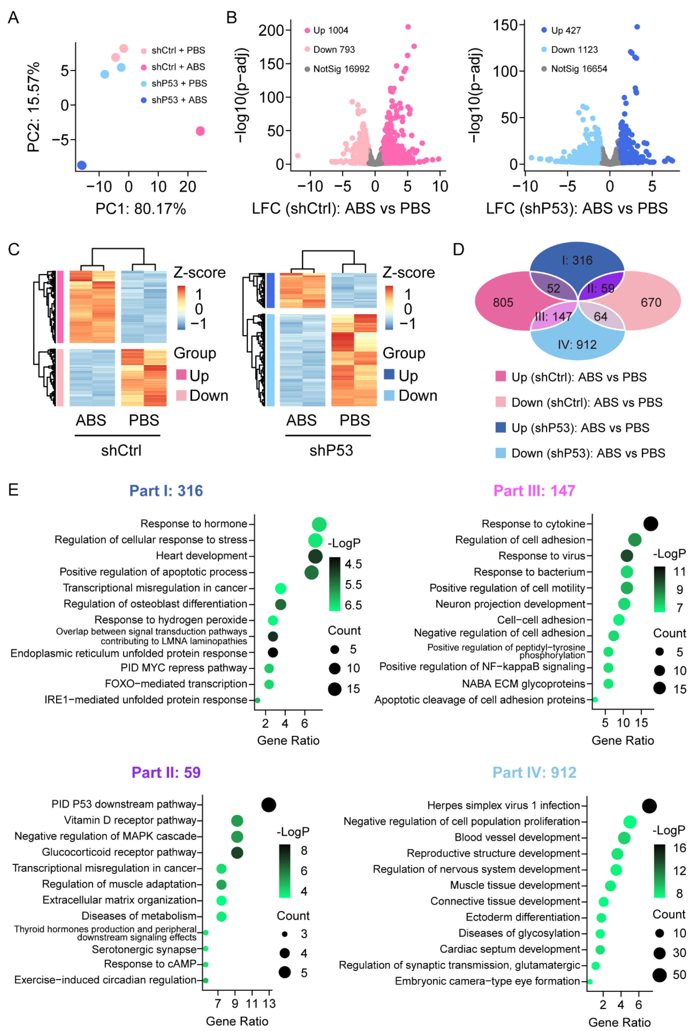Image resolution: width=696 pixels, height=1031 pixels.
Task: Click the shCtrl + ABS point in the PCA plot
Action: (x=200, y=131)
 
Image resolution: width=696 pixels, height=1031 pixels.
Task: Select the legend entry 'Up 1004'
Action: (x=330, y=30)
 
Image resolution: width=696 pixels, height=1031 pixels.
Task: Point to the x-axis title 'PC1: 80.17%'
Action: (x=141, y=208)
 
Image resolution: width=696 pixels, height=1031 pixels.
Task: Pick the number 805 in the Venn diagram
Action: (x=503, y=303)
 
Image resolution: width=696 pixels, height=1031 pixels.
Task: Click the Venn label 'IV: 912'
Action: (x=577, y=345)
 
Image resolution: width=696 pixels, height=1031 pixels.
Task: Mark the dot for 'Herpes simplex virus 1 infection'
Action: (x=649, y=806)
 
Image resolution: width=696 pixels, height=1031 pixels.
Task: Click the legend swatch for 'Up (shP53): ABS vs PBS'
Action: (x=500, y=427)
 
